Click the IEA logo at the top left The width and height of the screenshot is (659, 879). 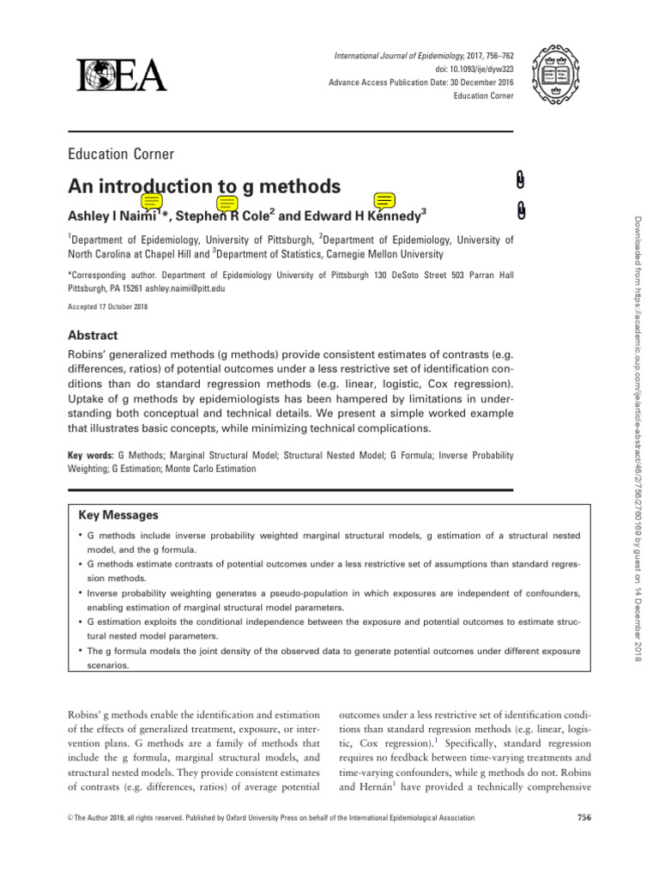point(121,76)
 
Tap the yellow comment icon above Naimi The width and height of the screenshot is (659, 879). point(152,203)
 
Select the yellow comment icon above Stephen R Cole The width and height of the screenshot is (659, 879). point(227,203)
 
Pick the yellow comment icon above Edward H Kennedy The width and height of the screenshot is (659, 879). point(384,202)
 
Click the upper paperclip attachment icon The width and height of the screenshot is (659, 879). point(522,179)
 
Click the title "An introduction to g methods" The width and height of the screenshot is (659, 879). point(203,186)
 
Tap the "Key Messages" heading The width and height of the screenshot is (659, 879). point(118,515)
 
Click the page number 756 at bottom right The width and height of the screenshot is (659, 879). point(584,817)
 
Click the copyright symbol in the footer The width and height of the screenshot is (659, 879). point(71,818)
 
